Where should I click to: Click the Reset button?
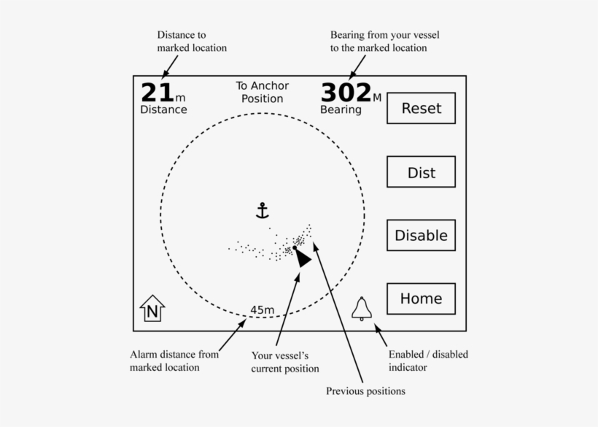pyautogui.click(x=421, y=108)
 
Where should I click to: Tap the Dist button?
pyautogui.click(x=421, y=172)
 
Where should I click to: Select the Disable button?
pyautogui.click(x=421, y=235)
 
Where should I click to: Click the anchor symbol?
pyautogui.click(x=263, y=211)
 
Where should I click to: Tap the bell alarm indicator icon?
pyautogui.click(x=362, y=309)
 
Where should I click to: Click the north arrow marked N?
pyautogui.click(x=152, y=308)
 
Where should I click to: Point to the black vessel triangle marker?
pyautogui.click(x=303, y=258)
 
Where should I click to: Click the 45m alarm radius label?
pyautogui.click(x=263, y=310)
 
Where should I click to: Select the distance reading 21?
pyautogui.click(x=158, y=93)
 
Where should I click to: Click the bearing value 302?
pyautogui.click(x=346, y=93)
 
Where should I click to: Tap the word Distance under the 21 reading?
pyautogui.click(x=163, y=109)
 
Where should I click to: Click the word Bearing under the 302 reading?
pyautogui.click(x=341, y=110)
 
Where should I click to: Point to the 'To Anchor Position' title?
pyautogui.click(x=263, y=92)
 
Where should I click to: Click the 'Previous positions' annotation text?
pyautogui.click(x=366, y=391)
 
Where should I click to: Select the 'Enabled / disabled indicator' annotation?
pyautogui.click(x=428, y=361)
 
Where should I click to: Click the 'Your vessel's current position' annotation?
pyautogui.click(x=285, y=362)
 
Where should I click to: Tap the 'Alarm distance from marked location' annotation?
pyautogui.click(x=174, y=361)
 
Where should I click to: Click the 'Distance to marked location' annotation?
pyautogui.click(x=192, y=41)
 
